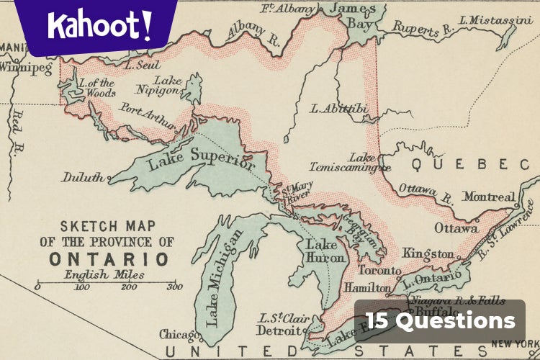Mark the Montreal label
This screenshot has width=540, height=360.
click(489, 197)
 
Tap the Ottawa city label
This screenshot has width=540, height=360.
click(456, 228)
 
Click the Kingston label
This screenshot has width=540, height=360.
click(428, 253)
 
